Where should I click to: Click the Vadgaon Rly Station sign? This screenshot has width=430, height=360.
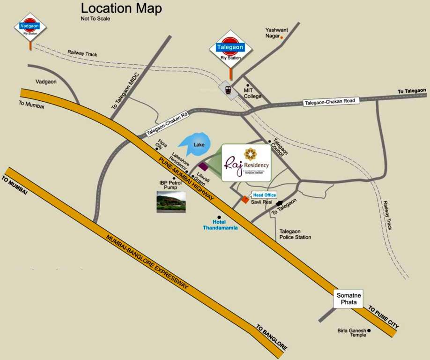(30, 27)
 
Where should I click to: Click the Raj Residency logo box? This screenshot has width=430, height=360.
(246, 163)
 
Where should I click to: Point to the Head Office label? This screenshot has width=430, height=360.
(265, 195)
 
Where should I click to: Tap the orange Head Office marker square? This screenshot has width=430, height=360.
(245, 200)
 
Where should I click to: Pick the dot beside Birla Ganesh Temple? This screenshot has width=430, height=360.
(369, 331)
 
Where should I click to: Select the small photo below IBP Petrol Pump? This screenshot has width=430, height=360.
(171, 202)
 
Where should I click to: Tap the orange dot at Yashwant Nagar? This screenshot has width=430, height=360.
(282, 37)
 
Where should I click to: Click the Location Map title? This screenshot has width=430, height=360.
(121, 8)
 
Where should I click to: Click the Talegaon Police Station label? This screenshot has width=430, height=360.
(295, 234)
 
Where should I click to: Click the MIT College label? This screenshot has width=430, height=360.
(252, 93)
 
